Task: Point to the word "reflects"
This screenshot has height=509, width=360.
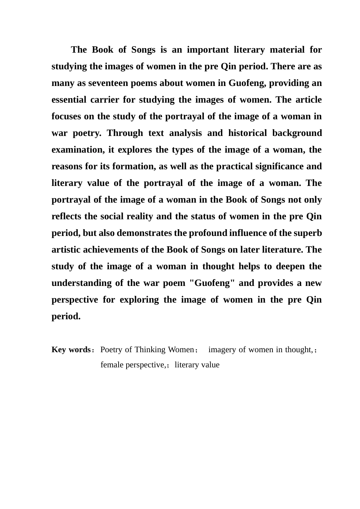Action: tap(67, 217)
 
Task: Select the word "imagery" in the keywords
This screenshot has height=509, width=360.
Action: tap(222, 350)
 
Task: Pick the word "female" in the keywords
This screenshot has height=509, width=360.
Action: tap(111, 365)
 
